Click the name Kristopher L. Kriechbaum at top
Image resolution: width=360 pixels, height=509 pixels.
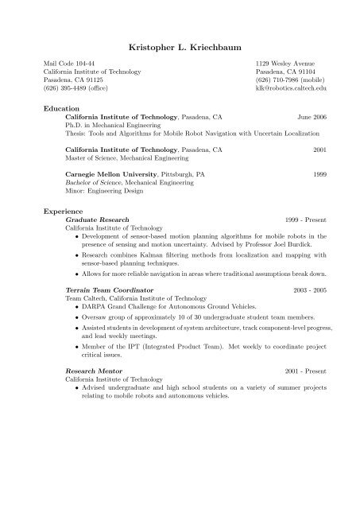tap(180, 38)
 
